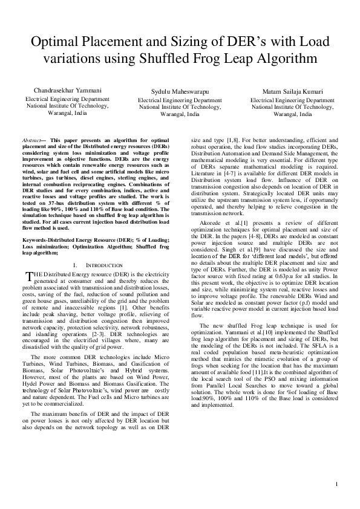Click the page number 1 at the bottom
click(335, 484)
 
